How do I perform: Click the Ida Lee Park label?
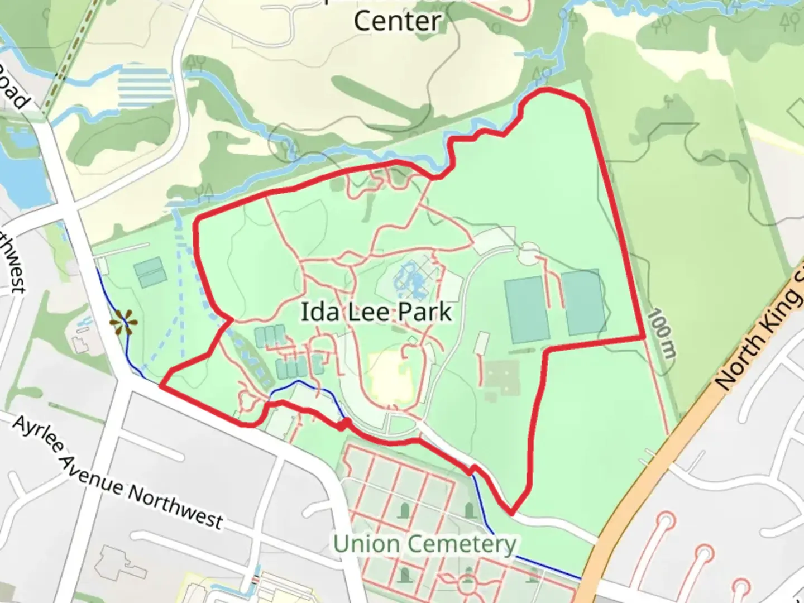click(376, 312)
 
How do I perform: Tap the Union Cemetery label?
click(424, 543)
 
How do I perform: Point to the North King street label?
click(759, 329)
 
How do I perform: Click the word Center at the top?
click(398, 21)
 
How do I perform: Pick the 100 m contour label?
click(662, 333)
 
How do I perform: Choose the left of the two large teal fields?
click(526, 310)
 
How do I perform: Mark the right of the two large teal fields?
click(584, 302)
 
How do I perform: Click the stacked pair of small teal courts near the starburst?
click(149, 272)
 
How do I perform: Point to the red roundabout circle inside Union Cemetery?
click(468, 586)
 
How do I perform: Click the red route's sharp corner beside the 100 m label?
click(644, 338)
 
